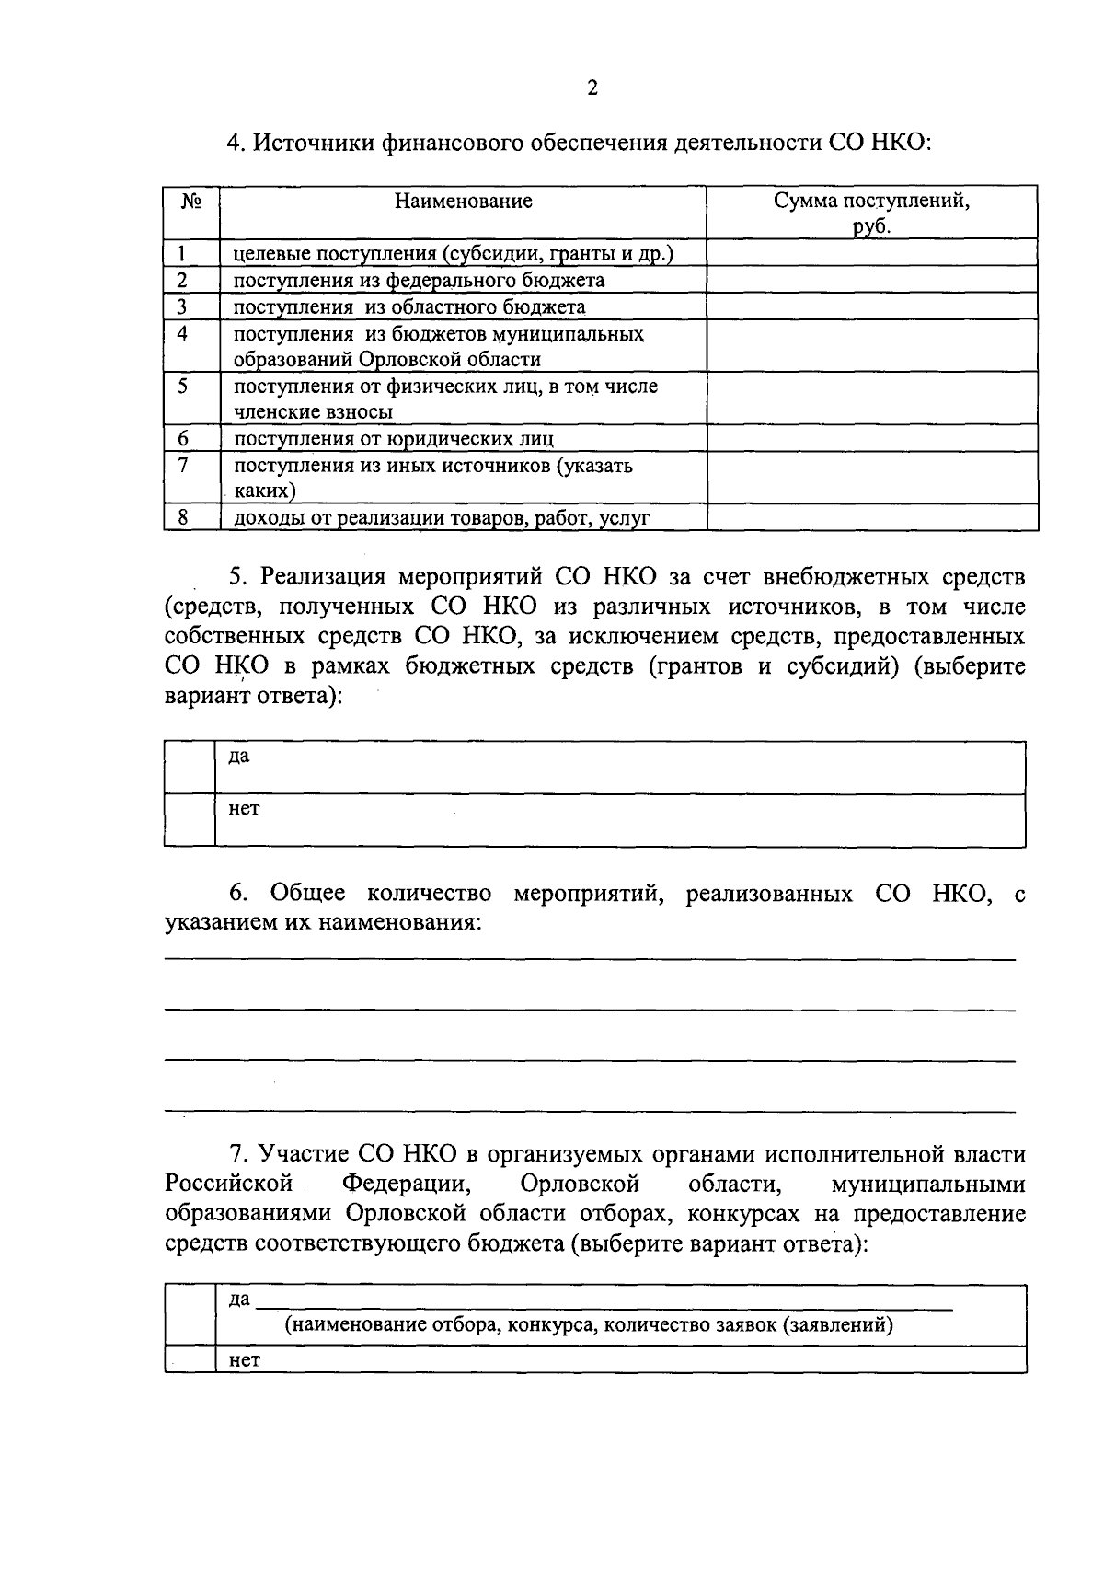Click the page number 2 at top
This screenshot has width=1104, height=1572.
[592, 88]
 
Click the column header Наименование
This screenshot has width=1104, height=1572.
[463, 201]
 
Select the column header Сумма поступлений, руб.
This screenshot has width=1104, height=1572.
[871, 213]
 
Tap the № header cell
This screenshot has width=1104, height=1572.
[191, 201]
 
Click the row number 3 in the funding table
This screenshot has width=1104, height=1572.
[182, 306]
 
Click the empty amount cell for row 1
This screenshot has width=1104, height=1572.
[871, 253]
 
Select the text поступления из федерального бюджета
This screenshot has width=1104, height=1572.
[419, 280]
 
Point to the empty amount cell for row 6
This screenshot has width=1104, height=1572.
[871, 438]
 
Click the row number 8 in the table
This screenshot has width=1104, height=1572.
[183, 517]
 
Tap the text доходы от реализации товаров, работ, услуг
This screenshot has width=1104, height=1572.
[442, 518]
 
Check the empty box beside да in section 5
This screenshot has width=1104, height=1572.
[190, 768]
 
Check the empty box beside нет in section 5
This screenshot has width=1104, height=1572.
[190, 820]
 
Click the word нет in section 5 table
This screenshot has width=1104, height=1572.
[244, 809]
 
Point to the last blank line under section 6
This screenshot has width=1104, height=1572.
[589, 1110]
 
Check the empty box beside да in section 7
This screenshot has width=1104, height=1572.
[190, 1315]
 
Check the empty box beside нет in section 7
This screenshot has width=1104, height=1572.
[190, 1359]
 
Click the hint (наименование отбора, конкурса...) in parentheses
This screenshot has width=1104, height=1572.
[589, 1325]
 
